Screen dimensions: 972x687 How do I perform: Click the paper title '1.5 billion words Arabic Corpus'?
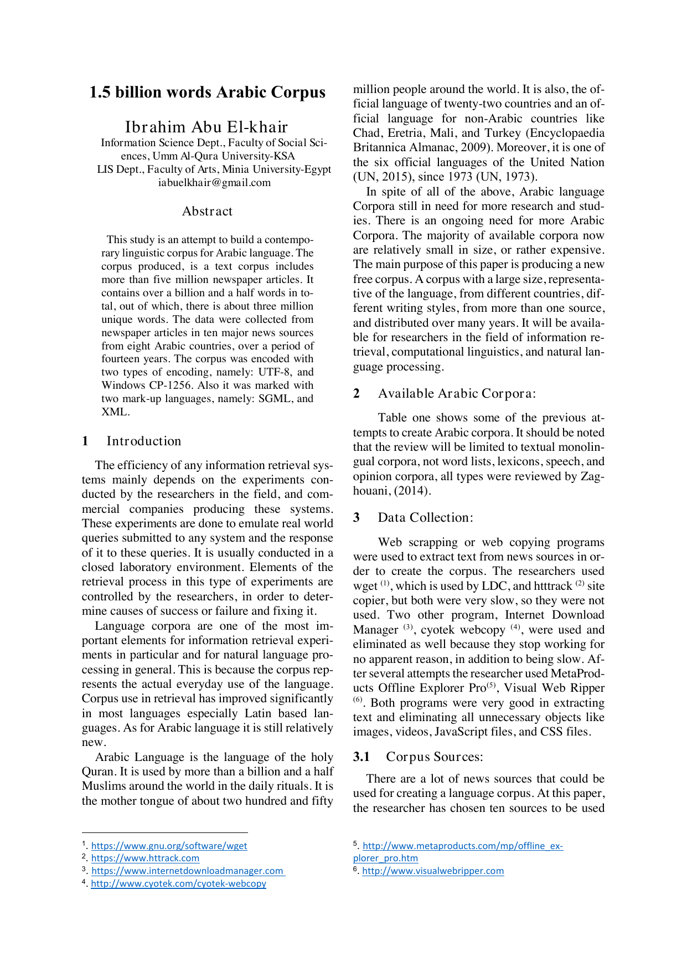pos(207,92)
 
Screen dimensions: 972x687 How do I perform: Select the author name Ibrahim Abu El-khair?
pos(206,127)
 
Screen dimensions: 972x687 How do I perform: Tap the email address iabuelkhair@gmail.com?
pos(214,183)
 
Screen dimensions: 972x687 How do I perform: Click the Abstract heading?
pos(207,211)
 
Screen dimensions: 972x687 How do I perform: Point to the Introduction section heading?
pos(144,441)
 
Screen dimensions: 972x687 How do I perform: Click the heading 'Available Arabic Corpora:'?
pos(457,393)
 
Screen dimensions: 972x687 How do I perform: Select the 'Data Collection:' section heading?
pos(425,517)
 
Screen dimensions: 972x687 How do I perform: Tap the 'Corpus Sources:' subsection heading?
pos(435,757)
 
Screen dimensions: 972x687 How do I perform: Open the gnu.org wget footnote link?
pos(169,846)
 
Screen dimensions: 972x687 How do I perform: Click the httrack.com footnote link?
pos(145,858)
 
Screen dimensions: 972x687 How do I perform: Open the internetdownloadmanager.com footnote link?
pos(187,871)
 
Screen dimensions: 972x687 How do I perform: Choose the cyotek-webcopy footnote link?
pos(178,883)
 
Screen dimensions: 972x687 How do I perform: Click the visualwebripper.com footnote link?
pos(433,871)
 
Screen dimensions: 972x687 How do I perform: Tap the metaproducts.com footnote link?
pos(462,846)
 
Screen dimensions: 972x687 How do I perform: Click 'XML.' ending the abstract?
pos(115,412)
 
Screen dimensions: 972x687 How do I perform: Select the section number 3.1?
pos(361,757)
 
